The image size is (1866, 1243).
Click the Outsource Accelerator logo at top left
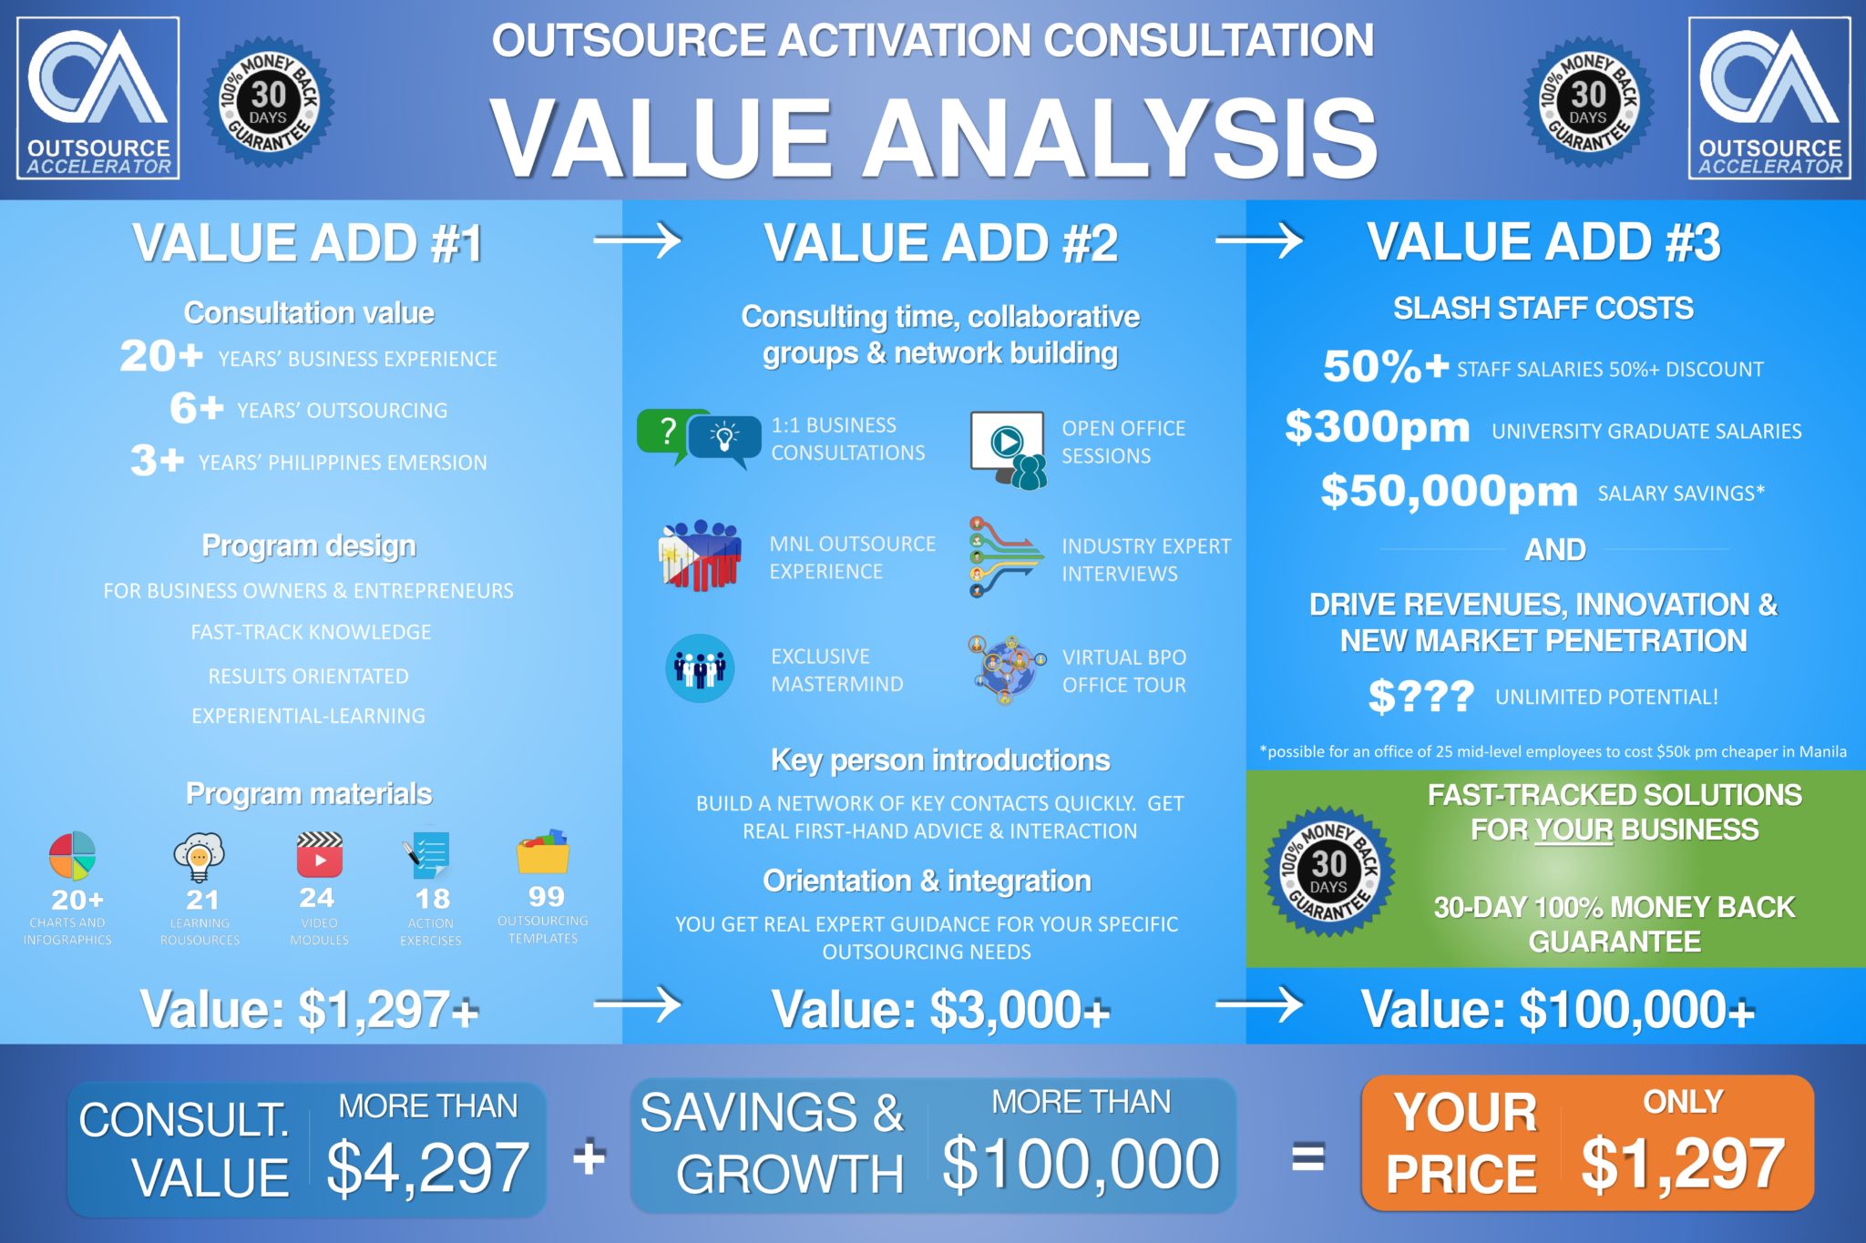point(98,98)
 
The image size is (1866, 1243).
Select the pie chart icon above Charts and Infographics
point(72,856)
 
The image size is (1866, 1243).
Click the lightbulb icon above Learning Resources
point(199,857)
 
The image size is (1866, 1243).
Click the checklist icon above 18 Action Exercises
point(427,855)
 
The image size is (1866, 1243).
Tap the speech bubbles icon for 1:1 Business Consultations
point(699,438)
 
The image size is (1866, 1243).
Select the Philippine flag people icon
point(699,555)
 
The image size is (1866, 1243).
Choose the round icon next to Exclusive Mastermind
point(700,668)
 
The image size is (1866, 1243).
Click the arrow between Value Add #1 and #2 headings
point(637,241)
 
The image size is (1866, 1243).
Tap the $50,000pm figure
point(1449,492)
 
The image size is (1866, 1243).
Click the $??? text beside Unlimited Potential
point(1420,697)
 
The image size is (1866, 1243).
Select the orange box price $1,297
point(1682,1164)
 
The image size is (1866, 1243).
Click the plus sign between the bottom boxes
point(589,1157)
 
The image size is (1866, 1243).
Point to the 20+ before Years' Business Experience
point(161,356)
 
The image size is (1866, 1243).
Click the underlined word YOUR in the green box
point(1574,830)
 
